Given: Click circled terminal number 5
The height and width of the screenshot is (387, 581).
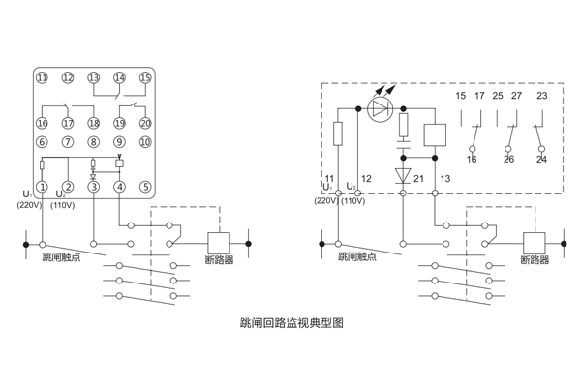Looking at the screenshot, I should coord(145,187).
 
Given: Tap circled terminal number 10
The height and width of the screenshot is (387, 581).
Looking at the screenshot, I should coord(145,142).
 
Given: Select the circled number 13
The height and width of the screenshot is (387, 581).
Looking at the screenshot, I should coord(94,77).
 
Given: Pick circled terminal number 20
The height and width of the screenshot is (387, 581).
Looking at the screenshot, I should coord(145,123).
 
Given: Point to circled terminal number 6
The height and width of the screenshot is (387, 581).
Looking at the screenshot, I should coord(42,142).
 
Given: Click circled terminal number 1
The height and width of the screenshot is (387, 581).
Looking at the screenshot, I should coord(42,187).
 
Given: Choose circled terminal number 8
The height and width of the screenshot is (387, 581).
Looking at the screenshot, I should coord(94,142).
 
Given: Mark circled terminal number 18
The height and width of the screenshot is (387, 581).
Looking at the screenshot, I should coord(94,123).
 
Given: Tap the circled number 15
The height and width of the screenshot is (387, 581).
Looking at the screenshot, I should coord(145,77).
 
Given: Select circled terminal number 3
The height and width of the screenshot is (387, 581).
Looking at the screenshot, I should coord(94,187).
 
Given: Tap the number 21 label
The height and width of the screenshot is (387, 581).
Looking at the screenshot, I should coord(419,179).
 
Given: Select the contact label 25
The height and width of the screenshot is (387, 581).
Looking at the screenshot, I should coord(497,97).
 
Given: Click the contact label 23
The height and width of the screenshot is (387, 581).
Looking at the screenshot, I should coord(541,97).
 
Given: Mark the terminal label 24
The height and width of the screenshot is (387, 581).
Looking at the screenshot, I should coord(541,160).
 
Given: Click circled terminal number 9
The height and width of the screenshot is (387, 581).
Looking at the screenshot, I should coord(119,142).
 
